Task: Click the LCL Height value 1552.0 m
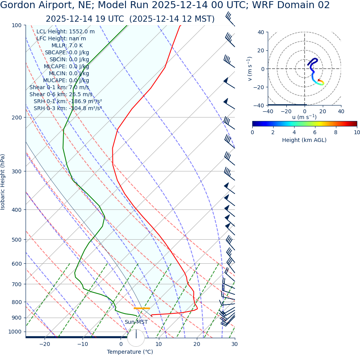pyautogui.click(x=82, y=32)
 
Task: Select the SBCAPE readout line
pyautogui.click(x=67, y=53)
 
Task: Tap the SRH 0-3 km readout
pyautogui.click(x=68, y=109)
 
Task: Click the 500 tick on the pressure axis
pyautogui.click(x=16, y=240)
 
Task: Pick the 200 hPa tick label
pyautogui.click(x=16, y=118)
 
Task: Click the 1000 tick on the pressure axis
pyautogui.click(x=15, y=332)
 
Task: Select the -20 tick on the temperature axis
pyautogui.click(x=45, y=344)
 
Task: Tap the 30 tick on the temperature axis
pyautogui.click(x=234, y=344)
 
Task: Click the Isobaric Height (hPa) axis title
pyautogui.click(x=3, y=182)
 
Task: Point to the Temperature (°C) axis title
pyautogui.click(x=130, y=352)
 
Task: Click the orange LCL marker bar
pyautogui.click(x=142, y=308)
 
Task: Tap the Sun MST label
pyautogui.click(x=136, y=322)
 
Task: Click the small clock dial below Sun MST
pyautogui.click(x=136, y=338)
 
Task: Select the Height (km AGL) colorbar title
pyautogui.click(x=304, y=140)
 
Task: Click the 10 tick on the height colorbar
pyautogui.click(x=357, y=132)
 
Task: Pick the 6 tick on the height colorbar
pyautogui.click(x=315, y=132)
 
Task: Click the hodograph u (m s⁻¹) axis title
pyautogui.click(x=304, y=117)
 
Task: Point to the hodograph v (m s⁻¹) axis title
pyautogui.click(x=250, y=69)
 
